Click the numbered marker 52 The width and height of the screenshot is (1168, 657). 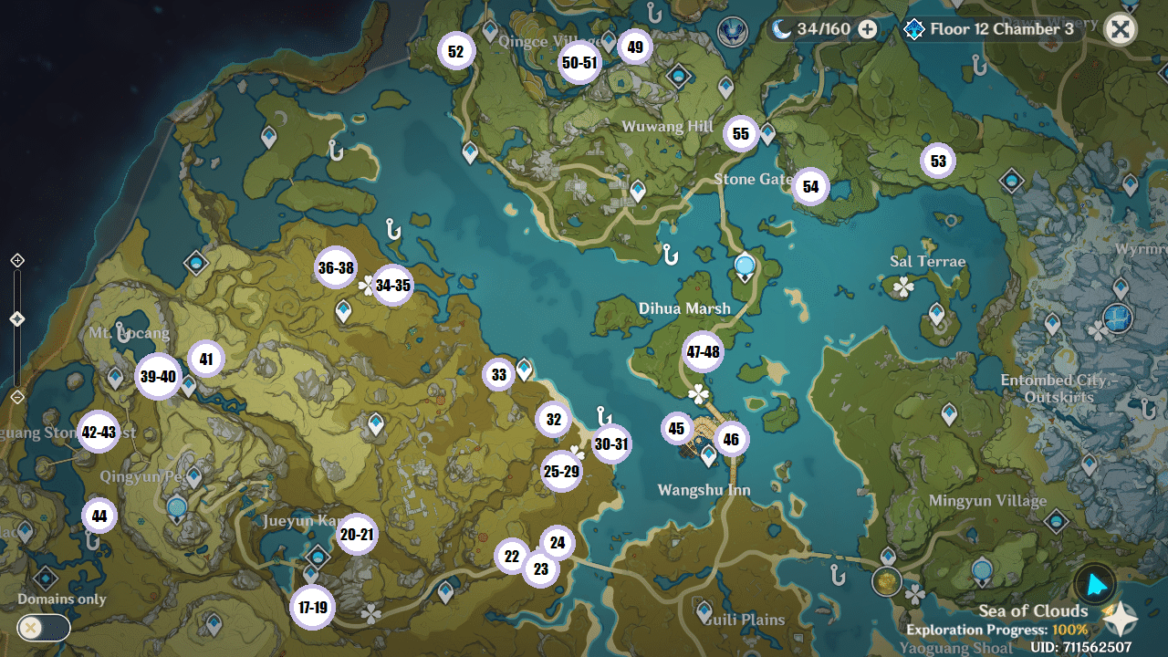456,51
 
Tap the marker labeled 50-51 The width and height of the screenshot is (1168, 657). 579,63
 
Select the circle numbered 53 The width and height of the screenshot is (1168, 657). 938,162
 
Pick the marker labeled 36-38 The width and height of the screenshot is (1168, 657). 336,267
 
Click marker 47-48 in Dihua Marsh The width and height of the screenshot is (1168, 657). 704,352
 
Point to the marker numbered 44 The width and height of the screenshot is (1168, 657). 99,516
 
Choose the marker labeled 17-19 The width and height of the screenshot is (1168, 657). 312,608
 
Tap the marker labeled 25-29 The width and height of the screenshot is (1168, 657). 561,472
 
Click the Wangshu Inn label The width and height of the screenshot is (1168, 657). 704,491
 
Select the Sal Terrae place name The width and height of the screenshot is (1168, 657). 927,262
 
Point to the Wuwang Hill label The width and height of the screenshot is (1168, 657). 667,127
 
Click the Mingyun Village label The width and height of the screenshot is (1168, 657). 987,501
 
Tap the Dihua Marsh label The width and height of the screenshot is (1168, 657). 684,308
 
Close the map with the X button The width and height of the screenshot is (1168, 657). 1120,29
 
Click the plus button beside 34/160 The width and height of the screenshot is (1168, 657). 868,29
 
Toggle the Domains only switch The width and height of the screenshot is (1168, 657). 44,628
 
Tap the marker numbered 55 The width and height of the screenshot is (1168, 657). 741,134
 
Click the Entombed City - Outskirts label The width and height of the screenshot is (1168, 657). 1054,388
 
